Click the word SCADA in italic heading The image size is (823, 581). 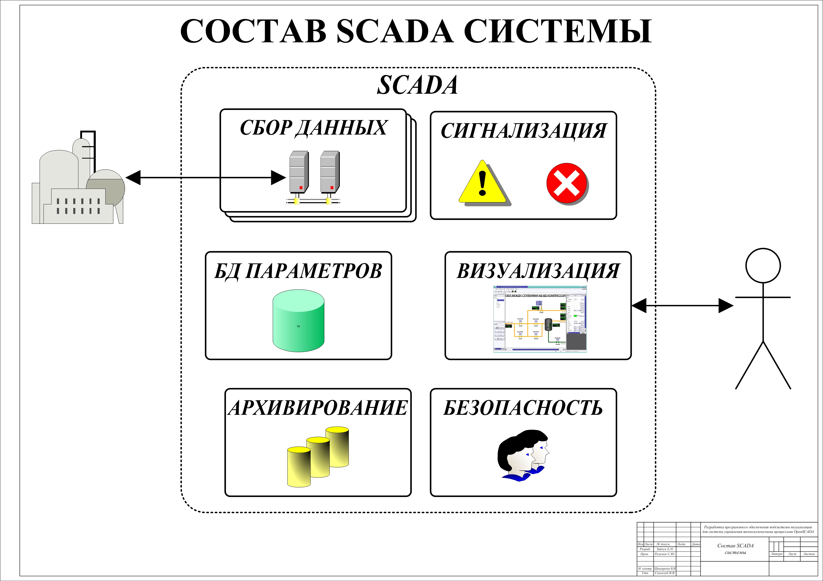point(417,85)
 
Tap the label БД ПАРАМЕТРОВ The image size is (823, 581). point(298,271)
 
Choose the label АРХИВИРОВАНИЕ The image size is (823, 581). point(318,408)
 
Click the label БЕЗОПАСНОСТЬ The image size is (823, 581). point(523,408)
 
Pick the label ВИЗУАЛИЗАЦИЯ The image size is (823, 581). point(538,271)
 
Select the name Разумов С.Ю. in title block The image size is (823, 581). point(665,554)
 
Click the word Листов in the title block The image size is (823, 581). point(809,554)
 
